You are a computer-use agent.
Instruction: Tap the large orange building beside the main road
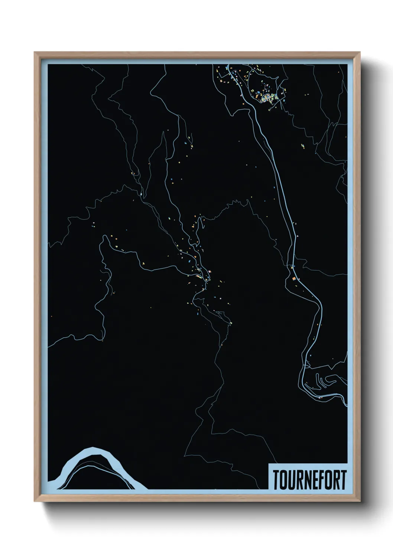click(293, 278)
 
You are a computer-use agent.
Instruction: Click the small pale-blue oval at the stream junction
click(142, 193)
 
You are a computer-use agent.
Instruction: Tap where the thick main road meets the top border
click(227, 66)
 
